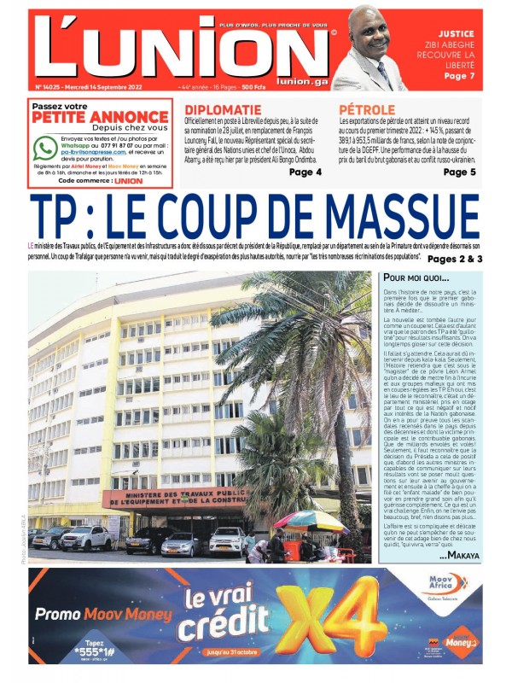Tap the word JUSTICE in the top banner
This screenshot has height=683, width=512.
pos(456,35)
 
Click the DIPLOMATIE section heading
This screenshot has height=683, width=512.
pos(224,110)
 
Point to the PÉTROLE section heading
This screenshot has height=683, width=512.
pos(367,110)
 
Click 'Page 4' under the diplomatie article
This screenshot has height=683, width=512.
pos(305,172)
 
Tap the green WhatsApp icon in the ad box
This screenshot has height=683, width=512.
pos(45,148)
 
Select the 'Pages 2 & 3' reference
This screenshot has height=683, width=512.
pos(455,259)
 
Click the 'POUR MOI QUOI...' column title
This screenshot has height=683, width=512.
pos(416,278)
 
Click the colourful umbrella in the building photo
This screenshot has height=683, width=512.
pos(299,520)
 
